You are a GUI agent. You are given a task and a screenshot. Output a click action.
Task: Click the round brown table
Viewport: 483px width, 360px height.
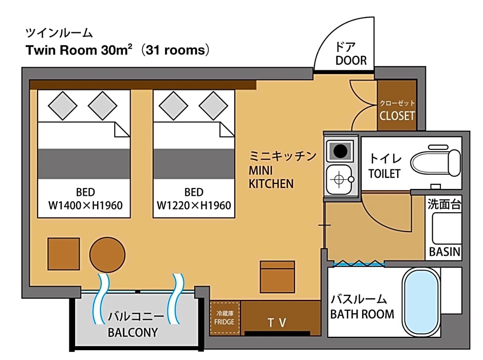pos(107,255)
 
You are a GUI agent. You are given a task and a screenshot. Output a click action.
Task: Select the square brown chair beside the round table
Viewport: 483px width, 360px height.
pos(64,254)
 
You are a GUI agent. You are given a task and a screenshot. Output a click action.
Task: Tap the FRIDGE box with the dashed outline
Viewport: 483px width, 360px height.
pos(225,318)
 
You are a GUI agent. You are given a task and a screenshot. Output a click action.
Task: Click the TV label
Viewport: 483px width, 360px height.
pos(277,323)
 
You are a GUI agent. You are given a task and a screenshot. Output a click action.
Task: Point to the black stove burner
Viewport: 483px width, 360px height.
pos(340,151)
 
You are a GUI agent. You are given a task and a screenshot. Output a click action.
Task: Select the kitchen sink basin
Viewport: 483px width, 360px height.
pos(340,180)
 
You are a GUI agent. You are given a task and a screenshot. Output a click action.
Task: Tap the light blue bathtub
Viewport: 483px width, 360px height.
pos(421,302)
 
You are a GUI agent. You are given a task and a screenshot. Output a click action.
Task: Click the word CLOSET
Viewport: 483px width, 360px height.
pos(397,116)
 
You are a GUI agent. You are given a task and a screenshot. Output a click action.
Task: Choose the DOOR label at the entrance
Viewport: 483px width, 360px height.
pos(351,61)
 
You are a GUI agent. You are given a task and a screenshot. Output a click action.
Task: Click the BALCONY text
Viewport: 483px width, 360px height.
pos(133,332)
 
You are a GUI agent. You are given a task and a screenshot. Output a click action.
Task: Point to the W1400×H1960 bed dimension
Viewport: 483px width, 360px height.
pos(85,205)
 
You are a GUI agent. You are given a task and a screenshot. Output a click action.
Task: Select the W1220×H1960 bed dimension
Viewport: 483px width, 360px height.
pos(194,205)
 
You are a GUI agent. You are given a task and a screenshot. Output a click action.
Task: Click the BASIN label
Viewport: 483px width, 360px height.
pos(445,252)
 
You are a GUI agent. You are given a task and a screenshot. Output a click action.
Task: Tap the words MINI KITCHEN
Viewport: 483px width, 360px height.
pos(271,177)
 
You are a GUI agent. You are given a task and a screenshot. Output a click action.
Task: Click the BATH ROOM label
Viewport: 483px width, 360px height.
pos(362,314)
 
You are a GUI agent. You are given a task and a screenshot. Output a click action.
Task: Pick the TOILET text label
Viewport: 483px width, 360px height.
pos(384,174)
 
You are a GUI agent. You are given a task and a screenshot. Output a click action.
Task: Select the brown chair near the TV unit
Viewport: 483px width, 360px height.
pos(277,276)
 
